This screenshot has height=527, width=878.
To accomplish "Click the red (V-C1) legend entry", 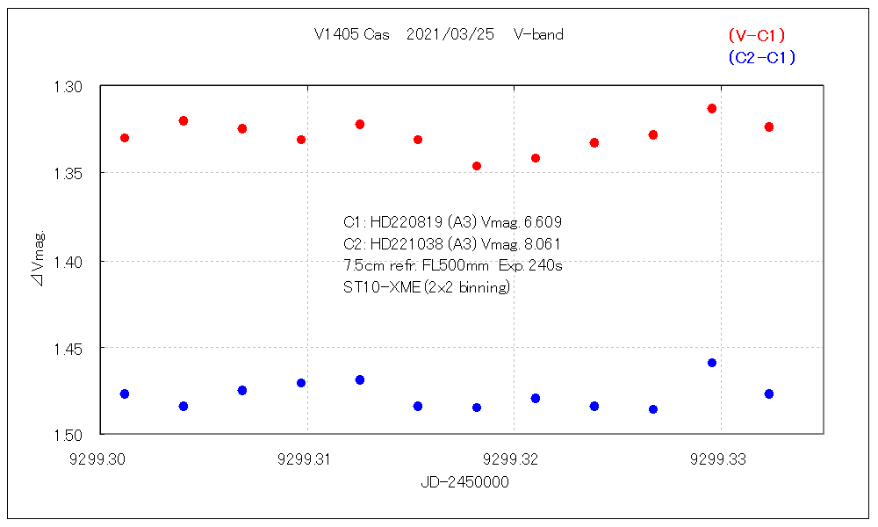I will [756, 35].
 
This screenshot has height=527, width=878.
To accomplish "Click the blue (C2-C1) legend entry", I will [761, 58].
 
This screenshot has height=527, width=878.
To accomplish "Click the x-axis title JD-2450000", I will [464, 482].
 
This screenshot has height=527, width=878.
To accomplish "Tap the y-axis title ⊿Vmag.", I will [39, 261].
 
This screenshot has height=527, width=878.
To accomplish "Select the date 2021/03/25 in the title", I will [450, 35].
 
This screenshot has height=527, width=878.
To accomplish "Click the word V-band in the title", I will [538, 35].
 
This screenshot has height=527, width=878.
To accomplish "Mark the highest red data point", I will [712, 109].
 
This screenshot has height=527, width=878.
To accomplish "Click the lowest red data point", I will [477, 166].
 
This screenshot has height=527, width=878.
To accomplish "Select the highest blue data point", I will [712, 363].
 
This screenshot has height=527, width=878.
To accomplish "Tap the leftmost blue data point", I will [125, 394].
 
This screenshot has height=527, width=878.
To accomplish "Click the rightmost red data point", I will [769, 127].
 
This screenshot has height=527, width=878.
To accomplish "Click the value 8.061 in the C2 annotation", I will [542, 243].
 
